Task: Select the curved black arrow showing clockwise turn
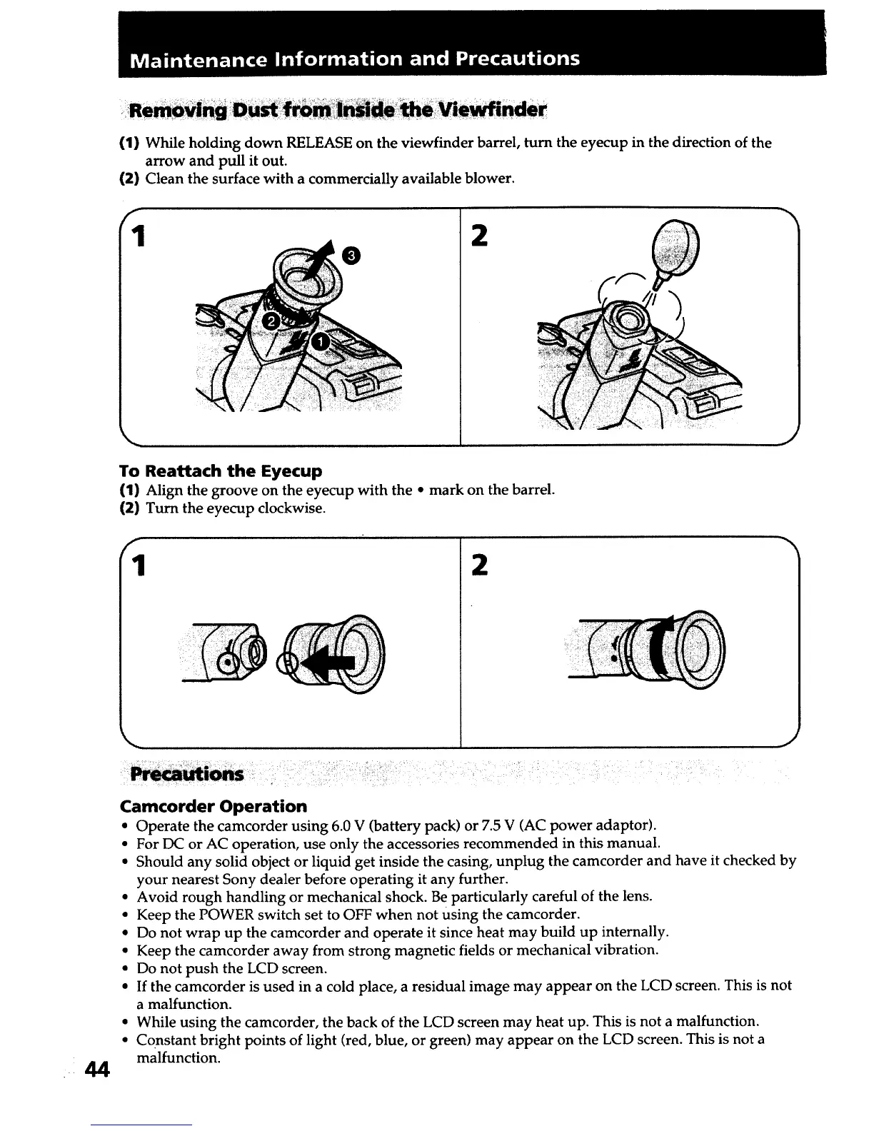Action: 667,646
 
